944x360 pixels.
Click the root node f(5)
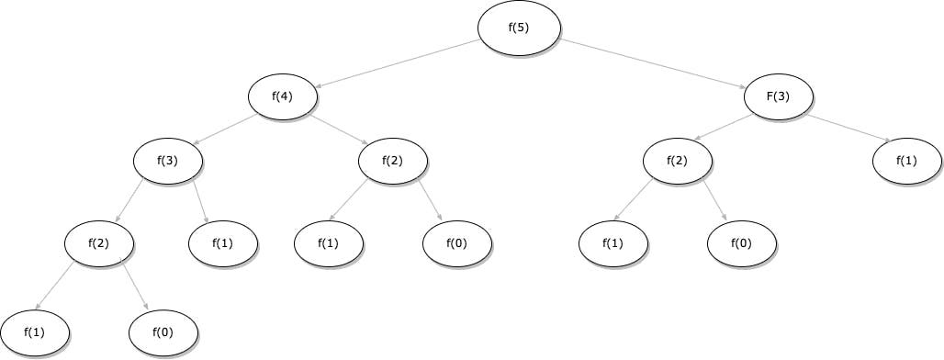pos(519,28)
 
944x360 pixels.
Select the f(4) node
pos(283,96)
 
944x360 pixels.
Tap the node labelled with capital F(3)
pos(779,96)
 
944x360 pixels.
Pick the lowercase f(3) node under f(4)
pos(168,163)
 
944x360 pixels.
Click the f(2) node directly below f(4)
pos(392,163)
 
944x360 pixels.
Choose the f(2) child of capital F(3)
pos(677,163)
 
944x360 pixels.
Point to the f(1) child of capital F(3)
pos(906,163)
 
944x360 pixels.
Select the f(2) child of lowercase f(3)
pos(99,243)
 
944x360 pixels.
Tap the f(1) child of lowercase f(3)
pos(222,243)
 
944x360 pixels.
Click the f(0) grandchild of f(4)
pos(457,243)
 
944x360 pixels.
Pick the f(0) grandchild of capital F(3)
pos(742,243)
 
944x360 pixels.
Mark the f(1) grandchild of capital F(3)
pos(612,243)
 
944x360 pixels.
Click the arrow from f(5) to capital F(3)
pos(654,64)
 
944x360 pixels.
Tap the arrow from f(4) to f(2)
pos(339,129)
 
